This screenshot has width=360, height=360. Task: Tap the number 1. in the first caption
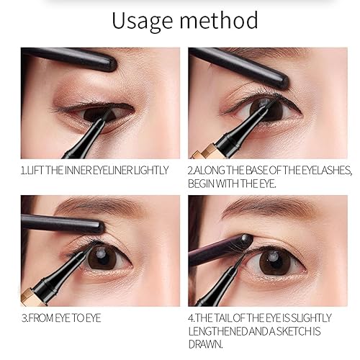(24, 171)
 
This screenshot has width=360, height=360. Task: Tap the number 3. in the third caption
(24, 315)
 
